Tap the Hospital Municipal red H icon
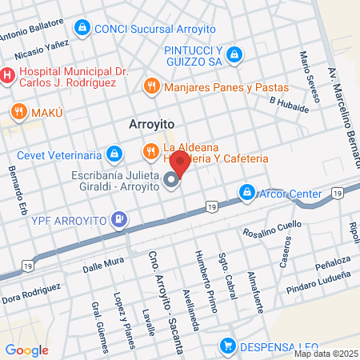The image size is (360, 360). click(7, 76)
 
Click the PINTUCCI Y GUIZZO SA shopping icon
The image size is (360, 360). click(234, 54)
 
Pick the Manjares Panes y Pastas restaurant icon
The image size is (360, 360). click(150, 86)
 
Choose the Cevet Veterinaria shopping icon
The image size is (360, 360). click(115, 152)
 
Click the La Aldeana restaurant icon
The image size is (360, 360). click(150, 151)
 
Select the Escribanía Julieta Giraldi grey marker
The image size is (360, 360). click(171, 182)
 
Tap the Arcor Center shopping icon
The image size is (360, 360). click(247, 193)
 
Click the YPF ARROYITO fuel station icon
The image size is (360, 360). click(119, 217)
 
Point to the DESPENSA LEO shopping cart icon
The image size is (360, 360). click(228, 346)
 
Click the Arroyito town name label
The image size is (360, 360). click(152, 125)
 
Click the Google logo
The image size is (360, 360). click(26, 350)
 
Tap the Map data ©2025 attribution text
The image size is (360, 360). click(325, 354)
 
